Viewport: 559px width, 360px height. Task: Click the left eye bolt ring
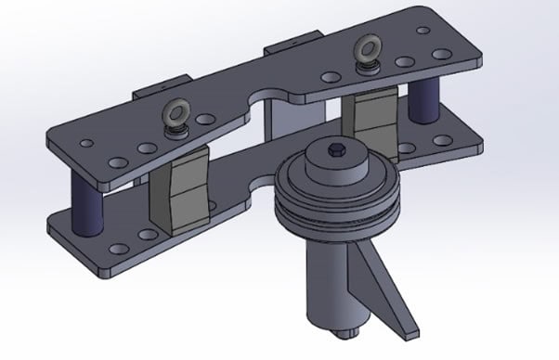tap(174, 113)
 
